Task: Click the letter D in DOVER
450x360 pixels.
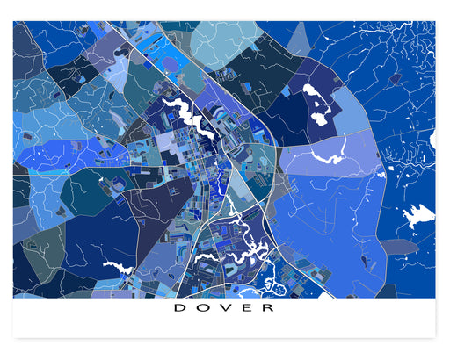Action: point(178,308)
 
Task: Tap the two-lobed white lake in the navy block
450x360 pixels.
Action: point(317,103)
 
